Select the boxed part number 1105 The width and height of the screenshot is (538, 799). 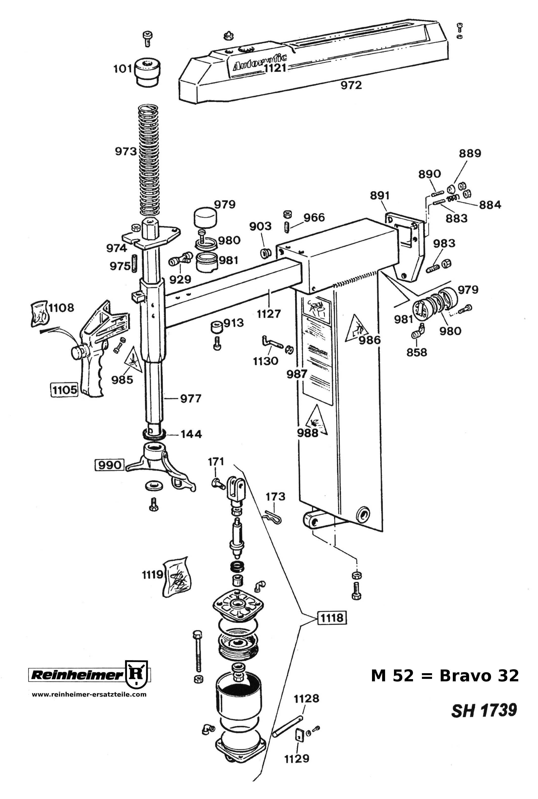(x=64, y=390)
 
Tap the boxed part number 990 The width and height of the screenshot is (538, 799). (x=109, y=465)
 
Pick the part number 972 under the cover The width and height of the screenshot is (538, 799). (x=351, y=85)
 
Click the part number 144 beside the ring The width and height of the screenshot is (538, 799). (x=191, y=434)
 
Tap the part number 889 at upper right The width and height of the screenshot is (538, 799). (x=470, y=153)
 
